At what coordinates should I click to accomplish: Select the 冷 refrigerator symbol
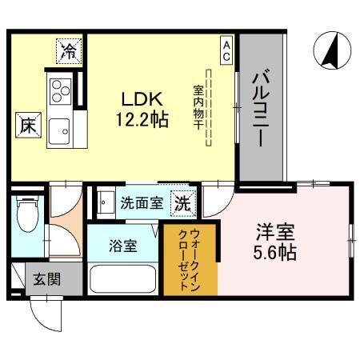69,52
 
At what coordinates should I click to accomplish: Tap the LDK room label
142,99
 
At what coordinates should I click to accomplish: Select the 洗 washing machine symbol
182,202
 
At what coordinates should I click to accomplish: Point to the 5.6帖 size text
276,254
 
